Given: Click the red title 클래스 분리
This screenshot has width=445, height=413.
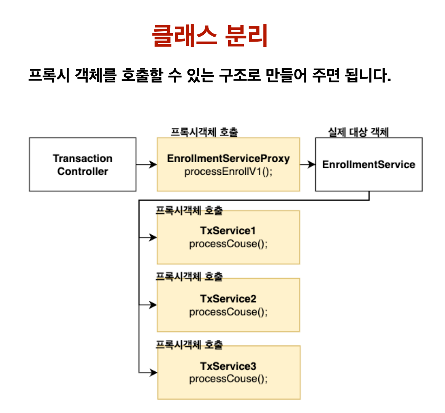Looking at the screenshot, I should tap(210, 35).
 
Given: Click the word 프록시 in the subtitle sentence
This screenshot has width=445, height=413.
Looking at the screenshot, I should tap(49, 75).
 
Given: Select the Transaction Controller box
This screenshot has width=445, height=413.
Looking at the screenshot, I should tap(83, 165).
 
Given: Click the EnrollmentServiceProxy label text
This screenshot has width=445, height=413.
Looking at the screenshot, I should tap(228, 158).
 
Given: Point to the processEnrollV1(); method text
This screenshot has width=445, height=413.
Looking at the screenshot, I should tap(228, 172).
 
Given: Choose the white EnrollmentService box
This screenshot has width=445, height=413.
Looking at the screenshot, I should tap(368, 165).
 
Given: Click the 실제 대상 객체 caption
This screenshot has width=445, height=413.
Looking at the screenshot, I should tap(358, 132).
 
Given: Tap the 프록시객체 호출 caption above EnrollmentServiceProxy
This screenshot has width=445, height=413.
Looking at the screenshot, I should tap(204, 132).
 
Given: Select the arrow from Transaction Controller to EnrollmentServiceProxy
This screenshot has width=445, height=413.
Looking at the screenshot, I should tap(147, 165).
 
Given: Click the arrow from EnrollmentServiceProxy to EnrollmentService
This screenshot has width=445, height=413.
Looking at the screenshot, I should tap(308, 165).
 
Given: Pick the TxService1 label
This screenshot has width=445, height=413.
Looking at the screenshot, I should tap(228, 231).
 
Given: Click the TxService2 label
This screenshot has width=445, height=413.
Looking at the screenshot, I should tap(228, 298).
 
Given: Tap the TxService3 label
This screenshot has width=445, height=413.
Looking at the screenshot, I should tap(228, 366).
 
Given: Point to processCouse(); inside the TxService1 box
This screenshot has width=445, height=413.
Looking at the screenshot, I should tap(228, 244).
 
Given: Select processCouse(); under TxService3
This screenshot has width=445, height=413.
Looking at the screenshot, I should tap(228, 379).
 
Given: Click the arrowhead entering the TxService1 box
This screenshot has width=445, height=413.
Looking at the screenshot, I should tap(153, 237).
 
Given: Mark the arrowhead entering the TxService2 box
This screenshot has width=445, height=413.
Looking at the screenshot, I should tap(153, 305).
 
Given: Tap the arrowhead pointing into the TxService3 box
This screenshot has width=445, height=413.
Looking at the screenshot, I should tap(153, 373).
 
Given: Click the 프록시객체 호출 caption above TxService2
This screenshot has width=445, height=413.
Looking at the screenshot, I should tap(189, 277).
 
